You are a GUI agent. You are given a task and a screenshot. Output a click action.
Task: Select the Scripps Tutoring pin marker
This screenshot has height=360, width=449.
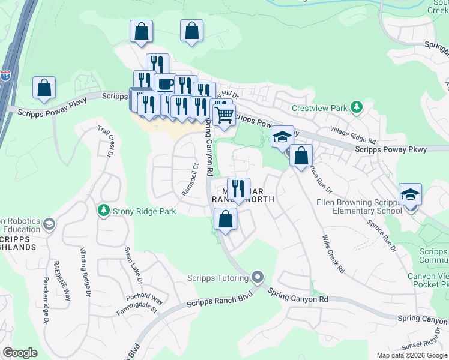(x=258, y=277)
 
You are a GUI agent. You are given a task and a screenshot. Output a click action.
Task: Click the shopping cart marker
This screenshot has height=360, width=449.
(x=224, y=113)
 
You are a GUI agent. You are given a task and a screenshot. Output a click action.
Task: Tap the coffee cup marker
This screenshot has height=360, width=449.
(x=165, y=83)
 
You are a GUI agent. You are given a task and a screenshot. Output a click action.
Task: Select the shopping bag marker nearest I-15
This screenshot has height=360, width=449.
(x=44, y=88)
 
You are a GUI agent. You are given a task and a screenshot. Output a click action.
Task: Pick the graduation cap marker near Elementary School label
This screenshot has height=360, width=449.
(x=411, y=194)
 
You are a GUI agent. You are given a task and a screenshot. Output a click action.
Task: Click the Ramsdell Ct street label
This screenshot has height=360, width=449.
(x=190, y=179)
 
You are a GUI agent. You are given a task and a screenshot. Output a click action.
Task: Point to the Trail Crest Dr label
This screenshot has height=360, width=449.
(x=111, y=141)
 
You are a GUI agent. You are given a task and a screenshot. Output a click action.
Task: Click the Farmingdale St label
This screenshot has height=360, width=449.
(x=137, y=310)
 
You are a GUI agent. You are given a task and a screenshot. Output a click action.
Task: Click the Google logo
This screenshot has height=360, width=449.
(x=20, y=353)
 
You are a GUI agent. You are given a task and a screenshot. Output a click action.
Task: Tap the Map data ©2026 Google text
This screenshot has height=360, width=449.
(x=411, y=355)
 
